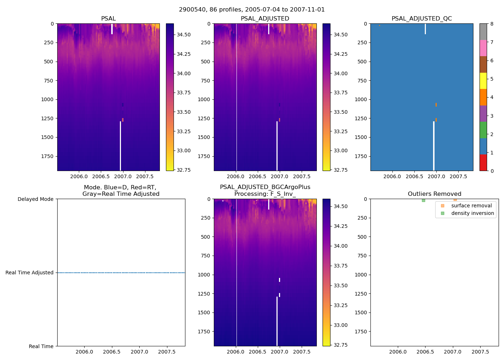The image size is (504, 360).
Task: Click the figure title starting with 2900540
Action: (252, 9)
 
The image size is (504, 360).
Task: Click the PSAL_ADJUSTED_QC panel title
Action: (422, 18)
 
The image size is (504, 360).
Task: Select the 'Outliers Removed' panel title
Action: (434, 194)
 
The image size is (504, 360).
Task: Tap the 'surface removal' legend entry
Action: (471, 206)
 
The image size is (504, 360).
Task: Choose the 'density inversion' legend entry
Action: (472, 213)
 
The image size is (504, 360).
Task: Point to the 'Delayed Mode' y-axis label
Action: (35, 199)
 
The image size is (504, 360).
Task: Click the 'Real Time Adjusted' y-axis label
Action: (30, 273)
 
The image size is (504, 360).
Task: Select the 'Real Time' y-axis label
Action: (41, 346)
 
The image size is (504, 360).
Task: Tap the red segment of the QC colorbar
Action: (483, 163)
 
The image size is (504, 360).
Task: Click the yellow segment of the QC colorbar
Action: (483, 81)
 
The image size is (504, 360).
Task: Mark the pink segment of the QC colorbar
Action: (483, 48)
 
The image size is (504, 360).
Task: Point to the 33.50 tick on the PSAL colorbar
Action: (184, 112)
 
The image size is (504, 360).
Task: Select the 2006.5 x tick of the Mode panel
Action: (112, 352)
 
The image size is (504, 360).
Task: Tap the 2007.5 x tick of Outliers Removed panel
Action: (480, 352)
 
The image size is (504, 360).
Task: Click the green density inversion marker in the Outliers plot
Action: (423, 200)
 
